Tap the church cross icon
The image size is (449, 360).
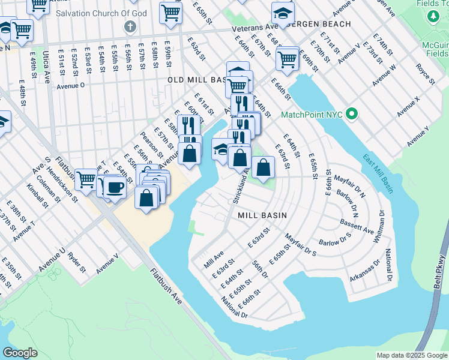(x=129, y=26)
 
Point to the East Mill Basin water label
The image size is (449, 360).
(x=378, y=175)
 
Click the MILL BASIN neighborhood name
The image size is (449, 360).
(x=262, y=215)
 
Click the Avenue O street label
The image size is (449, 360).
(x=71, y=85)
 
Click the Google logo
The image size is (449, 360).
(x=20, y=353)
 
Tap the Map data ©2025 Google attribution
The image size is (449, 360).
(x=411, y=355)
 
